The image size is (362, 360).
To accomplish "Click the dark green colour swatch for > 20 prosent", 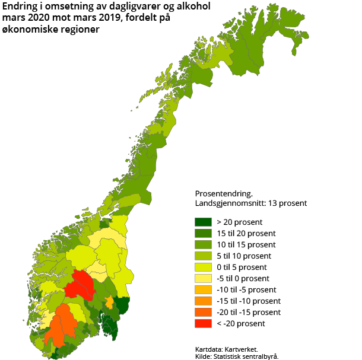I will [x=203, y=222].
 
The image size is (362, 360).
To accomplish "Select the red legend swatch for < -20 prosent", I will [x=203, y=323].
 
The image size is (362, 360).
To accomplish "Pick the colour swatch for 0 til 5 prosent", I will [x=203, y=267].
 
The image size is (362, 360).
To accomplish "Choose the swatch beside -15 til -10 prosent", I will [x=203, y=301].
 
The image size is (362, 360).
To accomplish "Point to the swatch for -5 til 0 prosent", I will [x=203, y=278].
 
